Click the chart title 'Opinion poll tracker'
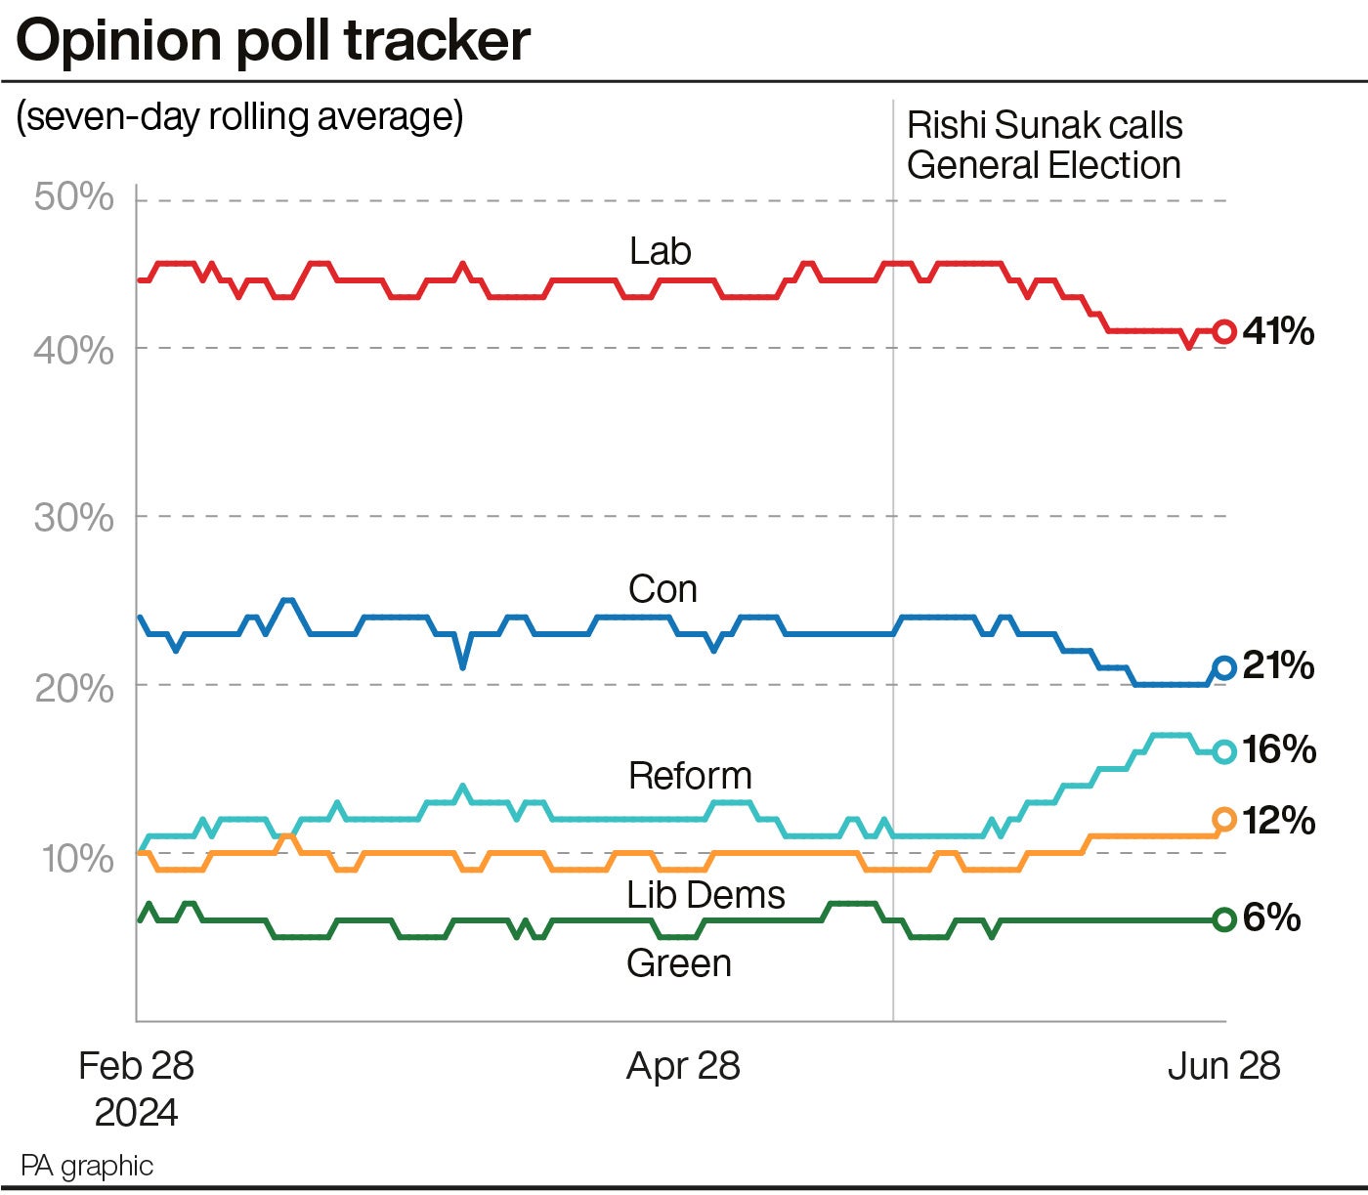[x=273, y=41]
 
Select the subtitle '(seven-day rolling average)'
[x=239, y=116]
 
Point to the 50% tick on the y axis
[x=74, y=197]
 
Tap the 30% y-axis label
[x=74, y=517]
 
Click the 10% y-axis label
[x=76, y=859]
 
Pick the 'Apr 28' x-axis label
[x=683, y=1065]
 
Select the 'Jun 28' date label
[x=1223, y=1065]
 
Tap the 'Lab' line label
[x=660, y=251]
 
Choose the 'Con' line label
[x=663, y=589]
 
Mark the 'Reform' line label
[x=690, y=776]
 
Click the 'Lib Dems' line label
[x=705, y=894]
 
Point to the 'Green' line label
[x=678, y=963]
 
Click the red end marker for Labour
[x=1223, y=331]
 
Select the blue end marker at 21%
[x=1223, y=668]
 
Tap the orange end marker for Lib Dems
[x=1223, y=820]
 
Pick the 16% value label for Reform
[x=1279, y=749]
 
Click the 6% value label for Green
[x=1271, y=918]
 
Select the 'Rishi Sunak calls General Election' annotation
[x=1044, y=145]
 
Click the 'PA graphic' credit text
[x=87, y=1165]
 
